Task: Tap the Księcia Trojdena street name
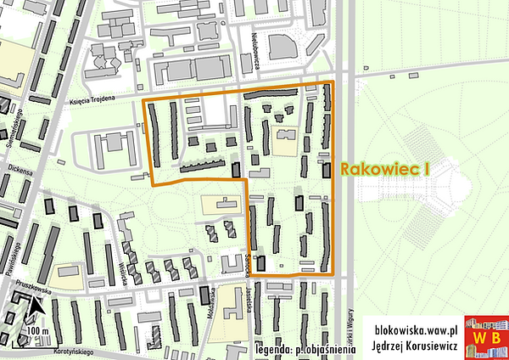tap(96, 101)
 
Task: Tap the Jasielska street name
tap(249, 299)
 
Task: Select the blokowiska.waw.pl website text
tap(416, 327)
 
